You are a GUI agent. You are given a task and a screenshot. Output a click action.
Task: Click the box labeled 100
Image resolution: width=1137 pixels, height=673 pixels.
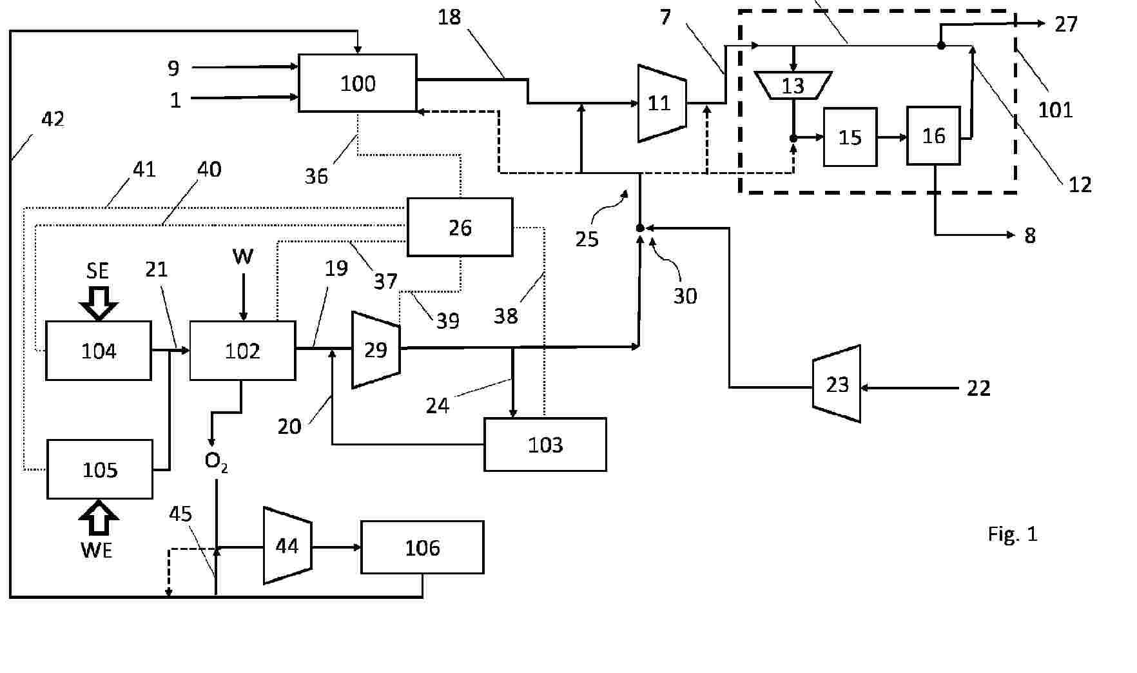pyautogui.click(x=358, y=83)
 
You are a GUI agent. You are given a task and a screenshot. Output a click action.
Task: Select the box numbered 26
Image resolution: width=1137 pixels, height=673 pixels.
pyautogui.click(x=460, y=227)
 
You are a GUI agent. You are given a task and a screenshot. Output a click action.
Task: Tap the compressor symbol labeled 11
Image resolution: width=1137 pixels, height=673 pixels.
pyautogui.click(x=661, y=103)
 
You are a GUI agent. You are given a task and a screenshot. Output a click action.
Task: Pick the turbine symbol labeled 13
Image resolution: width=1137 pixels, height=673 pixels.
pyautogui.click(x=793, y=85)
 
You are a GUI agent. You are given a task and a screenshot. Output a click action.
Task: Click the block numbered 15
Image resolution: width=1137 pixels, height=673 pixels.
pyautogui.click(x=850, y=137)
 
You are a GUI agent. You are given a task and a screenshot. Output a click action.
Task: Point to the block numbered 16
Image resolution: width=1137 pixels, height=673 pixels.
pyautogui.click(x=933, y=136)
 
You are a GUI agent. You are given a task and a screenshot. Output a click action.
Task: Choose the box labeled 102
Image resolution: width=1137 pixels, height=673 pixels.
pyautogui.click(x=242, y=351)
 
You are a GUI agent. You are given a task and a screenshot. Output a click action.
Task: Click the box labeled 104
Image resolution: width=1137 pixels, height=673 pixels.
pyautogui.click(x=99, y=351)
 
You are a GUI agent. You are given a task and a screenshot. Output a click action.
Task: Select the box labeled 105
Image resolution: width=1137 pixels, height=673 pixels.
pyautogui.click(x=100, y=469)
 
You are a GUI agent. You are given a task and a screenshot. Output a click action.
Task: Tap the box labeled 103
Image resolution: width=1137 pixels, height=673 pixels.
pyautogui.click(x=545, y=445)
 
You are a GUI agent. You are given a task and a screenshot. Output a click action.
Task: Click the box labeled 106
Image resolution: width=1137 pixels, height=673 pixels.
pyautogui.click(x=422, y=547)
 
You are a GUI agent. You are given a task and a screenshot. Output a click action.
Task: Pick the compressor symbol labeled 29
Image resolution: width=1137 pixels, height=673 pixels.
pyautogui.click(x=376, y=350)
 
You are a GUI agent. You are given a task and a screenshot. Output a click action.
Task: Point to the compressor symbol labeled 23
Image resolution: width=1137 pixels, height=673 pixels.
pyautogui.click(x=837, y=384)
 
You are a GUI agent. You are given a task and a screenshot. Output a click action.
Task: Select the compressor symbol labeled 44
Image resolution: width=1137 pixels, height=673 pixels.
pyautogui.click(x=287, y=546)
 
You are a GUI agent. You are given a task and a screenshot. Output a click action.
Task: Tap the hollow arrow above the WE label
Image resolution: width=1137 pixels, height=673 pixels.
pyautogui.click(x=99, y=518)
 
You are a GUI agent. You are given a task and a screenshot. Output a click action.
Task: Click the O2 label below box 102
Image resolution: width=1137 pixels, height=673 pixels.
pyautogui.click(x=215, y=461)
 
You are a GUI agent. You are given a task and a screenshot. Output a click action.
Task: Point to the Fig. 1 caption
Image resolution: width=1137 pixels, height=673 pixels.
pyautogui.click(x=1013, y=534)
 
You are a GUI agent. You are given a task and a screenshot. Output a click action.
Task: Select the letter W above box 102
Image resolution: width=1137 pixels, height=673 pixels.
pyautogui.click(x=243, y=257)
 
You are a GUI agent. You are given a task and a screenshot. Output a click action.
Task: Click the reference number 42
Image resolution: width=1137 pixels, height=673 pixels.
pyautogui.click(x=52, y=119)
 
